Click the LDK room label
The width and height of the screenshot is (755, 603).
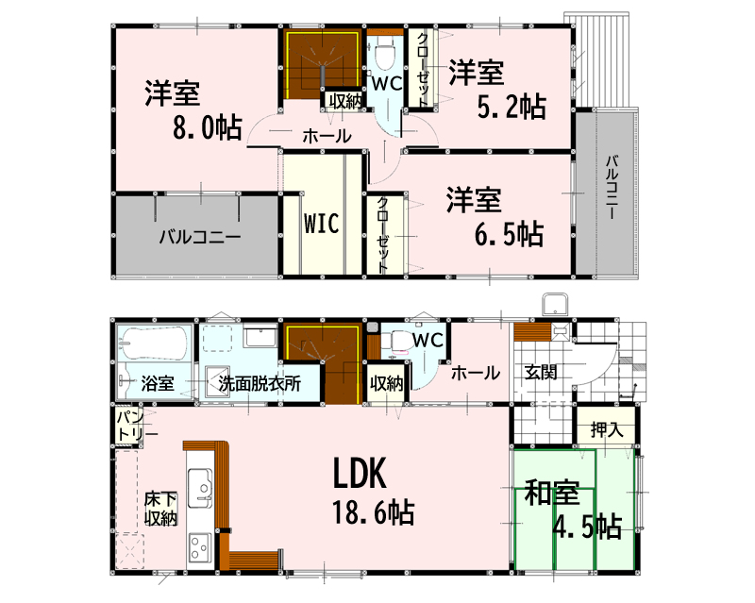point(360,474)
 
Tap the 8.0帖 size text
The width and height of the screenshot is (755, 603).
point(208,127)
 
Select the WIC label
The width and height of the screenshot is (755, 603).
point(322,223)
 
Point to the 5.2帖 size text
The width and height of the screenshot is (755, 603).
point(512,107)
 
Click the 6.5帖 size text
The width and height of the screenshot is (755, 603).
point(510,234)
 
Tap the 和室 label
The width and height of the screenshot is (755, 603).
point(551,493)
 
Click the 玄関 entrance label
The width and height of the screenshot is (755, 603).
point(541,372)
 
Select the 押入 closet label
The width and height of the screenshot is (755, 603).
point(607,429)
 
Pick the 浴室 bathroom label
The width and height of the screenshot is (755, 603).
point(158,384)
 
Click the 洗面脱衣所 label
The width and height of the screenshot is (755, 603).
point(260,384)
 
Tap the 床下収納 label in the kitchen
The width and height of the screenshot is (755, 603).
point(160,509)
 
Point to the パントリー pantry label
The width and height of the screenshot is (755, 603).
point(135,426)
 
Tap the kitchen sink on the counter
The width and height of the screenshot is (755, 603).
point(199,489)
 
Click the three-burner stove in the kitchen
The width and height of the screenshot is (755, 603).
point(199,547)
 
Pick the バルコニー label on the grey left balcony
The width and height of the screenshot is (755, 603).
point(200,237)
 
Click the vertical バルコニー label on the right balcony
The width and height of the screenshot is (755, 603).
point(611,188)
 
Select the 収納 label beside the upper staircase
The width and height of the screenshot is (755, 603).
point(344,102)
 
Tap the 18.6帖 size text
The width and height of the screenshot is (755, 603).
point(373,512)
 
